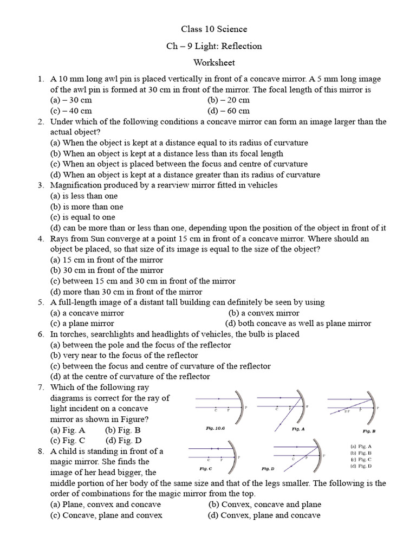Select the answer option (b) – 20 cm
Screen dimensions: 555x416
[x=229, y=100]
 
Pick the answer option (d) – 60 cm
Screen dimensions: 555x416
[x=229, y=111]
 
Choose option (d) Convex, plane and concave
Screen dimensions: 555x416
[x=264, y=515]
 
